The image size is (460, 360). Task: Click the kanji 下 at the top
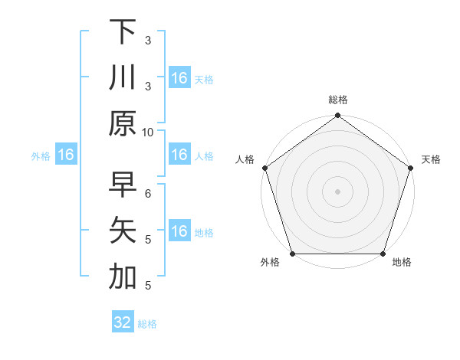(x=122, y=32)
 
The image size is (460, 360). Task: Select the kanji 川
(x=122, y=78)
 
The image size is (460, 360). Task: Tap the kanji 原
(x=122, y=123)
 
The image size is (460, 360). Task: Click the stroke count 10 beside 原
(x=148, y=132)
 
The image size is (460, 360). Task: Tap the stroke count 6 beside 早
(x=148, y=194)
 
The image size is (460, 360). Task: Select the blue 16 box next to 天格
(x=179, y=78)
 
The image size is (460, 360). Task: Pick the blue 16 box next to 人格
(x=179, y=155)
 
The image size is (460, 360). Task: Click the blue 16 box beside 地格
(x=179, y=232)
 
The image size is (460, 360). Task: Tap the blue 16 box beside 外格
(x=66, y=155)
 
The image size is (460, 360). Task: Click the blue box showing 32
(x=122, y=322)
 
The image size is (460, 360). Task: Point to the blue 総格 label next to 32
(x=147, y=324)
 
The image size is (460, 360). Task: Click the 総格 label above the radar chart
(x=337, y=100)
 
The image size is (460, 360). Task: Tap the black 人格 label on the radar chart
(x=246, y=159)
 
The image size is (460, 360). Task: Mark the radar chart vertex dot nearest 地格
(x=383, y=254)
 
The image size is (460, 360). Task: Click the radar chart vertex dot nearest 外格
(x=291, y=254)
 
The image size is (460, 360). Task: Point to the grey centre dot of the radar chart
(x=337, y=191)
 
